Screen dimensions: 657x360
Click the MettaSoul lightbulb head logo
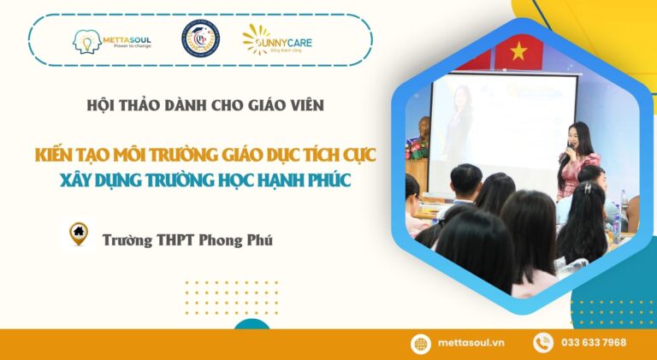(86, 42)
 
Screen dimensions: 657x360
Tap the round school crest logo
(201, 39)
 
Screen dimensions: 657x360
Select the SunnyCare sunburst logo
(256, 39)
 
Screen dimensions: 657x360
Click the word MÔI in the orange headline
(127, 155)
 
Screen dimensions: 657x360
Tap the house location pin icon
(79, 233)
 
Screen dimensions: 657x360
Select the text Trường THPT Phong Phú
(187, 240)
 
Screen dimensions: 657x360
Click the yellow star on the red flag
(518, 51)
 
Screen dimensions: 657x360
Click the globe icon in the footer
(421, 344)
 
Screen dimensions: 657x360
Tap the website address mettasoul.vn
(471, 343)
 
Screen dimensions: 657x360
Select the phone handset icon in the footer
(543, 343)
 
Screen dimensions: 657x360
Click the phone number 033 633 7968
(594, 343)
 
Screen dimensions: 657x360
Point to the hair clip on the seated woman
(589, 188)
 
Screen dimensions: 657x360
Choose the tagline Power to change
(133, 46)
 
